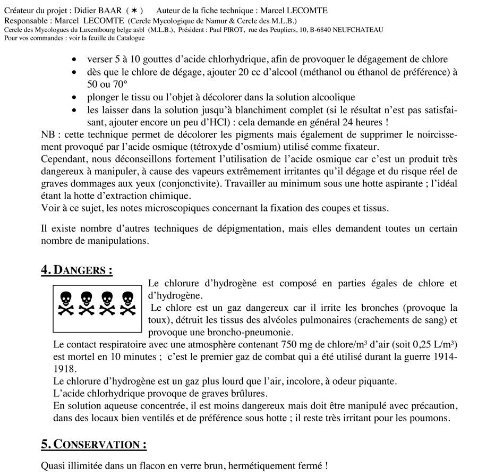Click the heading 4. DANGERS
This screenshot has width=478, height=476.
pos(76,270)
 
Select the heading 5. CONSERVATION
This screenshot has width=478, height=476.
pos(93,444)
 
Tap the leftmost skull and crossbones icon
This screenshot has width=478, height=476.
pos(66,303)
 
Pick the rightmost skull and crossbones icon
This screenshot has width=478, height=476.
pos(127,303)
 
